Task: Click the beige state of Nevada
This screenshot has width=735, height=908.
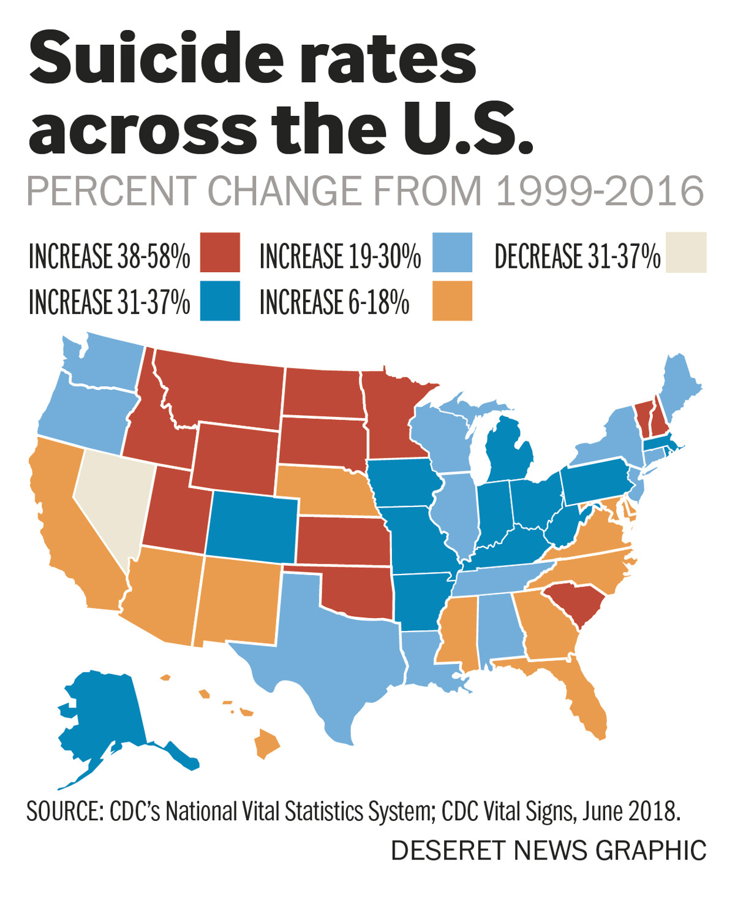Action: (x=113, y=503)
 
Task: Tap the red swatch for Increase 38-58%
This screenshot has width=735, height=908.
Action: (x=219, y=252)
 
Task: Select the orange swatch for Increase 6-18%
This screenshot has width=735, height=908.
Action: (x=452, y=300)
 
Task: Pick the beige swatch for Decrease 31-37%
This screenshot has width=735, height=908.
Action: (x=686, y=252)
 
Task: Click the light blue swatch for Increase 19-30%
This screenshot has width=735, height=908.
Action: (x=452, y=252)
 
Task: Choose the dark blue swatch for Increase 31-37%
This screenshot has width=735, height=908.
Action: (x=219, y=300)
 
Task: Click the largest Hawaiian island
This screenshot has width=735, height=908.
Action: (x=266, y=743)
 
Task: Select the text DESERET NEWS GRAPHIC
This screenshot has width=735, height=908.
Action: (x=548, y=851)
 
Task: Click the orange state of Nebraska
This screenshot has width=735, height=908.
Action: (x=325, y=490)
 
